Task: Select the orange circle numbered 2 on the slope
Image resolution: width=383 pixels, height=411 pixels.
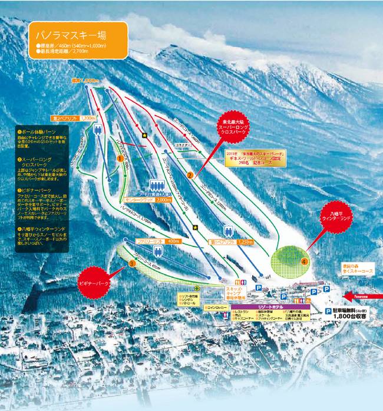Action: [x=190, y=175]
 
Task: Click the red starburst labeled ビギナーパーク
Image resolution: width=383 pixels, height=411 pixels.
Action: [x=95, y=282]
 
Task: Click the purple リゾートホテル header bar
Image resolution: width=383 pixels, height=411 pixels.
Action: [x=277, y=307]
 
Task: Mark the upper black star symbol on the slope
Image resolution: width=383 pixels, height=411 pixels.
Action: [x=144, y=136]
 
